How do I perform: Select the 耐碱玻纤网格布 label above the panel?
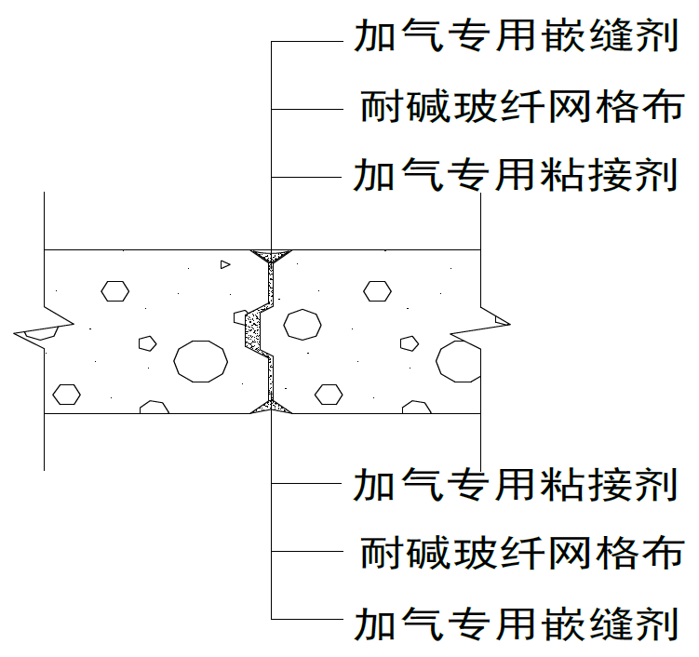(521, 107)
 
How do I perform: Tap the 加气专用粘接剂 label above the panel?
(516, 174)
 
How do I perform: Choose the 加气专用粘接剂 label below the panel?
(516, 484)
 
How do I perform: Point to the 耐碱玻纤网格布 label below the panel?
(521, 553)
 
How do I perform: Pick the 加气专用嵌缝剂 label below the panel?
(516, 622)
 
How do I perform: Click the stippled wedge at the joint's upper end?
(271, 254)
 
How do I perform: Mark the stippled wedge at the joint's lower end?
(271, 407)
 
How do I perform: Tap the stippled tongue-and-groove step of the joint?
(252, 330)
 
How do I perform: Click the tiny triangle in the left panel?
(224, 264)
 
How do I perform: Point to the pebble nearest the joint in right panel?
(302, 324)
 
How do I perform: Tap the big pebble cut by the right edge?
(460, 360)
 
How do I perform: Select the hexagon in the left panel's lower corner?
(65, 394)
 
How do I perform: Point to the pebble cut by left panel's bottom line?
(154, 408)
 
